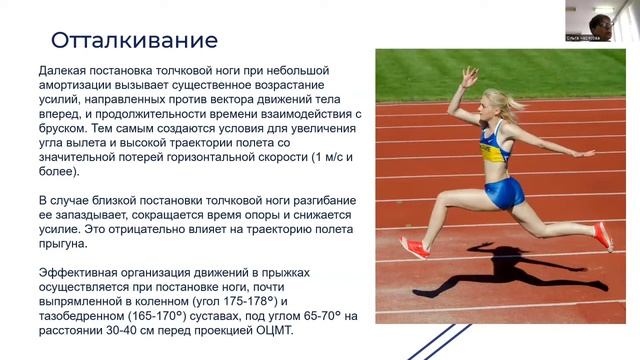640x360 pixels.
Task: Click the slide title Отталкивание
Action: [134, 42]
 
